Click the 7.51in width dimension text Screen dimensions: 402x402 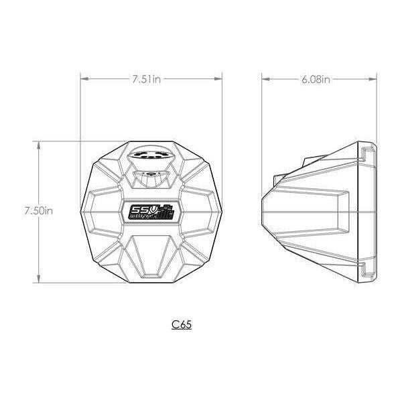click(x=146, y=79)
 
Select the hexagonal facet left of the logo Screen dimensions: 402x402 click(x=102, y=209)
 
